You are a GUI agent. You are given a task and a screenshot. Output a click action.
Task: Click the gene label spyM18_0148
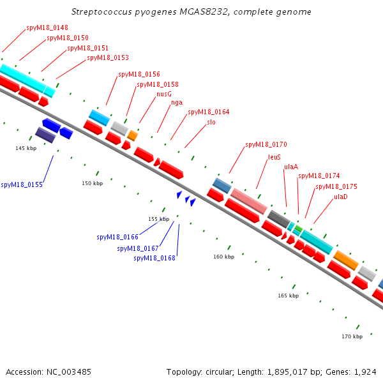pyautogui.click(x=47, y=28)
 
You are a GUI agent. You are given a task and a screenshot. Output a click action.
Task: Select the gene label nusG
pyautogui.click(x=164, y=94)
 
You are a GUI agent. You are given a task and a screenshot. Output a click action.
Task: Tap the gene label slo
pyautogui.click(x=211, y=122)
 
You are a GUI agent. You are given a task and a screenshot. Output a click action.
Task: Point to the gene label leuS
pyautogui.click(x=274, y=156)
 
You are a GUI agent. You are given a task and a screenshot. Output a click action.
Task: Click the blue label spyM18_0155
pyautogui.click(x=22, y=184)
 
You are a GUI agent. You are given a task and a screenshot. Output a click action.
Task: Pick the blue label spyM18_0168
pyautogui.click(x=154, y=258)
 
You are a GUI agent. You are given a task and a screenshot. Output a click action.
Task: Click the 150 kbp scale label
pyautogui.click(x=92, y=183)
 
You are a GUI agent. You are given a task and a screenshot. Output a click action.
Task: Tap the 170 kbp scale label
pyautogui.click(x=352, y=336)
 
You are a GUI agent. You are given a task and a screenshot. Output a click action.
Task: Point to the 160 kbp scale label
pyautogui.click(x=223, y=257)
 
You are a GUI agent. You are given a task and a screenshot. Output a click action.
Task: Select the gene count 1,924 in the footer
pyautogui.click(x=365, y=372)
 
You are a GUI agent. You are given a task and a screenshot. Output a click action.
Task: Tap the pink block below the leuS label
pyautogui.click(x=249, y=201)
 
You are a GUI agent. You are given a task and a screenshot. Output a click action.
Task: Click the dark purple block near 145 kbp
pyautogui.click(x=45, y=134)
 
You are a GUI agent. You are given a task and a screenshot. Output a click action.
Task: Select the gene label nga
pyautogui.click(x=177, y=103)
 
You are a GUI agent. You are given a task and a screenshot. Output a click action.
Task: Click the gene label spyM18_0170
pyautogui.click(x=266, y=144)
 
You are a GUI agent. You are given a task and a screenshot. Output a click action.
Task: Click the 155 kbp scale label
pyautogui.click(x=158, y=219)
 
